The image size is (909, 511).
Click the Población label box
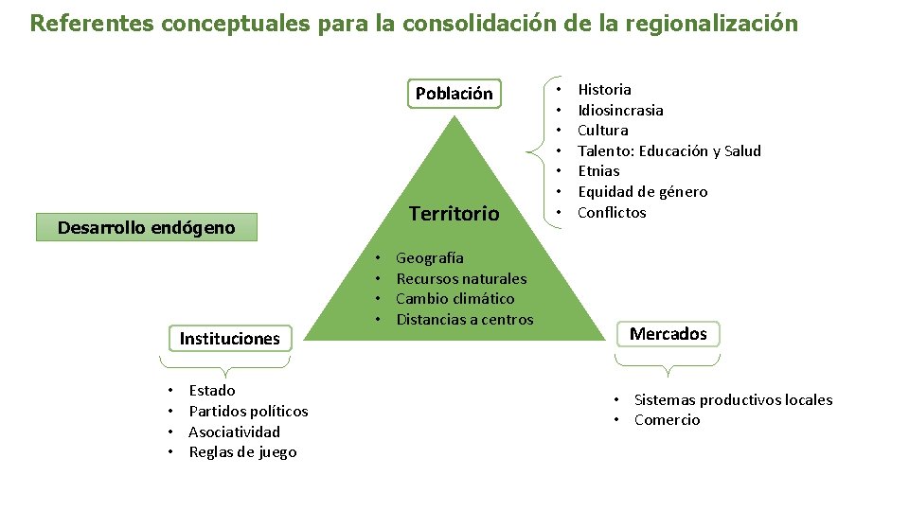pos(454,94)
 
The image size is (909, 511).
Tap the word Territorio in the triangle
pos(454,214)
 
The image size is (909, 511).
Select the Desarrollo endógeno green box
pos(146,228)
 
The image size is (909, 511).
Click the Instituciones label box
pos(230,338)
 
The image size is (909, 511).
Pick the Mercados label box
pos(668,334)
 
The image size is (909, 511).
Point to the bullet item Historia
pos(604,90)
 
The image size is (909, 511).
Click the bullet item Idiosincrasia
pos(620,110)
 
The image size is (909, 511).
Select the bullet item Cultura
pos(602,131)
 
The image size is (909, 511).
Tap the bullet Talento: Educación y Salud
pos(668,151)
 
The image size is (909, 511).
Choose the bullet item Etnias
pos(598,171)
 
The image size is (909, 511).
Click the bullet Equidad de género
pos(642,192)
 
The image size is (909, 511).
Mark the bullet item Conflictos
pos(612,213)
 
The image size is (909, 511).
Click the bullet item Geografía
pos(430,257)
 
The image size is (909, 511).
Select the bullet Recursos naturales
pos(461,278)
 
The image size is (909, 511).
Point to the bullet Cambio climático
pos(454,299)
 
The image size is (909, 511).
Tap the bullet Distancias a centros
pos(464,320)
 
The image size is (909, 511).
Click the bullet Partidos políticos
pos(248,411)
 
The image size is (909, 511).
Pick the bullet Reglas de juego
pos(242,452)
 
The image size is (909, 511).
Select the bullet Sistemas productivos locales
pos(733,399)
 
